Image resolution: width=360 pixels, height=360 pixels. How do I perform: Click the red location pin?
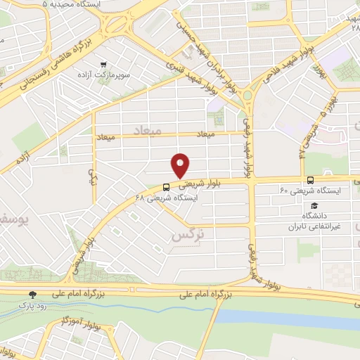pyautogui.click(x=181, y=165)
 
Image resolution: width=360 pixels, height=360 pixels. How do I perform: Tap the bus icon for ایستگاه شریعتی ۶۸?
pyautogui.click(x=166, y=188)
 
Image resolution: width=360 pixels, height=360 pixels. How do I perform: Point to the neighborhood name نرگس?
pyautogui.click(x=185, y=236)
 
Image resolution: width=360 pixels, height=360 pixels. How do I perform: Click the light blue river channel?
pyautogui.click(x=281, y=316)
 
